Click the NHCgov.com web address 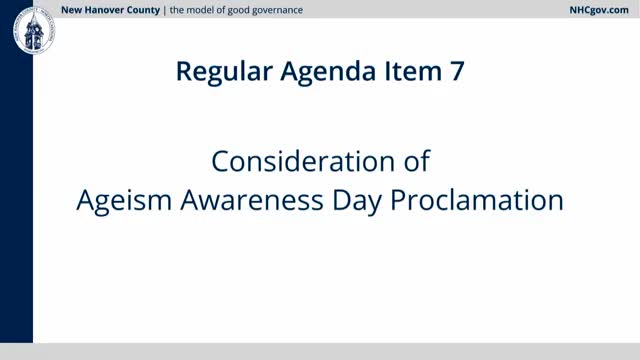click(x=594, y=10)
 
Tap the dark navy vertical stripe click(x=16, y=200)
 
